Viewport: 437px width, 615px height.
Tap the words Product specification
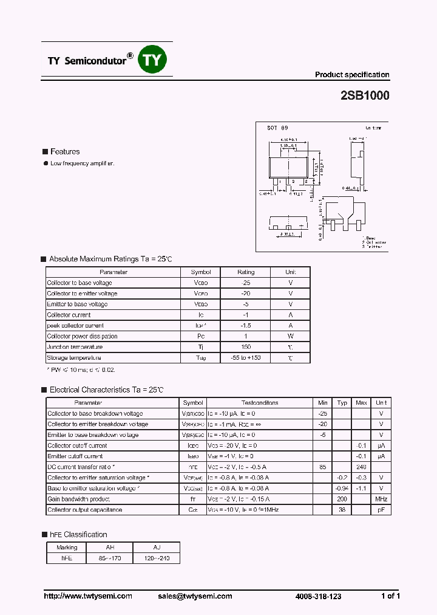click(x=351, y=75)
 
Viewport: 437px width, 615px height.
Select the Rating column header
click(x=246, y=272)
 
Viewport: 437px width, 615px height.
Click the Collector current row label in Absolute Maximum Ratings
click(x=69, y=315)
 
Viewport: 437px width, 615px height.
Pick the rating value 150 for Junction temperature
click(x=246, y=347)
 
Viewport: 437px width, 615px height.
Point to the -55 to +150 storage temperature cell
click(x=246, y=358)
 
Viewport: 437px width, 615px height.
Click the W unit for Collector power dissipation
click(x=290, y=336)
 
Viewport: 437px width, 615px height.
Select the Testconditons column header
click(x=260, y=403)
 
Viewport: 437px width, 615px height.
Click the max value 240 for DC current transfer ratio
click(x=361, y=467)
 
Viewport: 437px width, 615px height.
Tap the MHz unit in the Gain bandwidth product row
click(x=381, y=499)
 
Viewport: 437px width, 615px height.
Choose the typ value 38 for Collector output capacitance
click(x=342, y=510)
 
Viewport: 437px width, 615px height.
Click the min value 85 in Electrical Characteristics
click(x=322, y=467)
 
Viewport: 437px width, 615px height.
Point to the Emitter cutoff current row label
click(x=75, y=456)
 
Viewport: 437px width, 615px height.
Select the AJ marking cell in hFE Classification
click(x=157, y=548)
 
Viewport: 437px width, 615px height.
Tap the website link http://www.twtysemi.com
click(x=88, y=596)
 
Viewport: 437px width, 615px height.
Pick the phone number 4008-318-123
click(x=318, y=597)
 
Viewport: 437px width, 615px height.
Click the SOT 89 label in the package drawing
click(x=277, y=128)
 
